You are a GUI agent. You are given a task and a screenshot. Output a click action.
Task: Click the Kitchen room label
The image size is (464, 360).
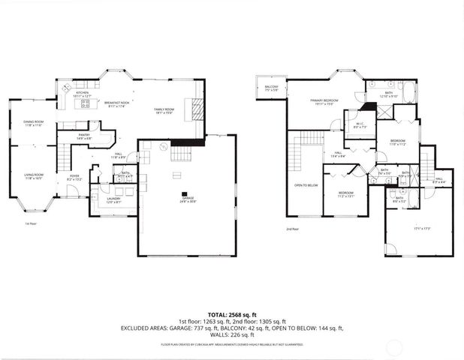pyautogui.click(x=83, y=94)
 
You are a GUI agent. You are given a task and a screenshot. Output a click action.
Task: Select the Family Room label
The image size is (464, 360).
pyautogui.click(x=164, y=109)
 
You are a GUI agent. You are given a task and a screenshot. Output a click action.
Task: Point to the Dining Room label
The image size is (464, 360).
pyautogui.click(x=33, y=123)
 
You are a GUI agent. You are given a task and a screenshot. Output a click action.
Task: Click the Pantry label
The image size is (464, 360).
pyautogui.click(x=84, y=136)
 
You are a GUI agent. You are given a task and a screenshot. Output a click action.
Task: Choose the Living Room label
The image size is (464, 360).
pyautogui.click(x=33, y=176)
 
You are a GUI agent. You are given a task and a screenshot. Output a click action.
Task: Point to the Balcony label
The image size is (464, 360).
pyautogui.click(x=270, y=88)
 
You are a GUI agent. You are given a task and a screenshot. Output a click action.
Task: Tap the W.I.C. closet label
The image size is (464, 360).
pyautogui.click(x=357, y=126)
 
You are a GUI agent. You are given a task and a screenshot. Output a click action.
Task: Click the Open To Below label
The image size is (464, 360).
pyautogui.click(x=305, y=184)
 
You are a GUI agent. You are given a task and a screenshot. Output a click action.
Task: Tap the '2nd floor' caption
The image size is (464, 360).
pyautogui.click(x=292, y=229)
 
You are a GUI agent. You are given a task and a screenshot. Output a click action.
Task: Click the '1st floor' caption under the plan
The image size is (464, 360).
pyautogui.click(x=30, y=223)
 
